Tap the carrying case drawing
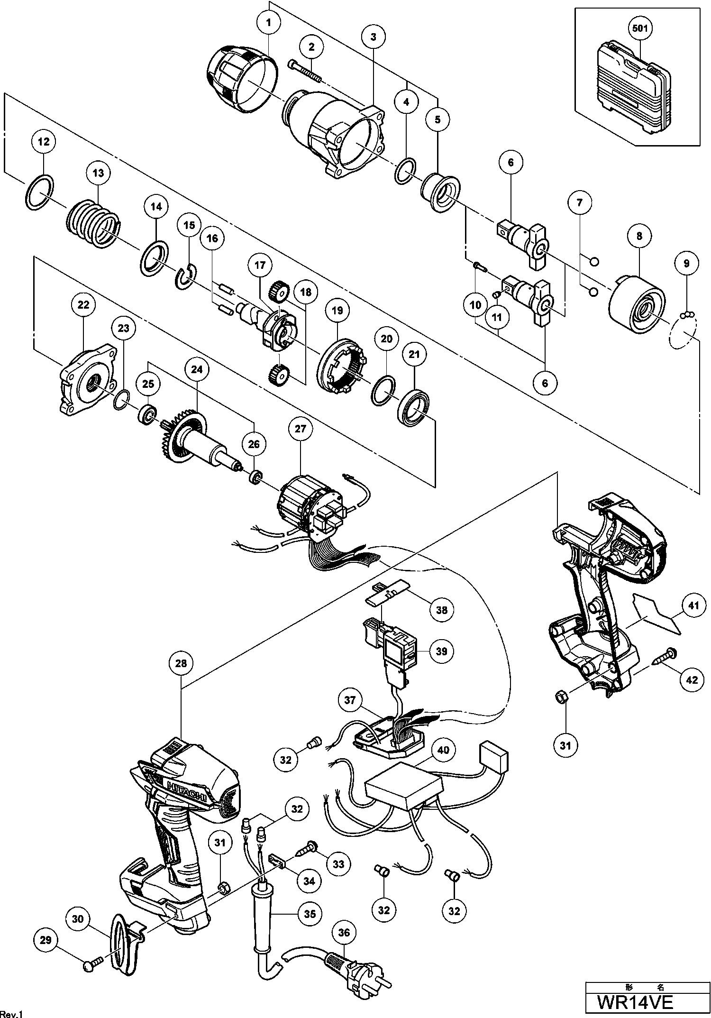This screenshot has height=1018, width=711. (x=634, y=90)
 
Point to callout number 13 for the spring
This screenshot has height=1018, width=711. (x=98, y=173)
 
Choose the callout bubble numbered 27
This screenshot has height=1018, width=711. (x=301, y=429)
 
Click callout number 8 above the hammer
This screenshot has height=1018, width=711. (x=639, y=236)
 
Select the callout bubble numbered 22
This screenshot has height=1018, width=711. (x=83, y=305)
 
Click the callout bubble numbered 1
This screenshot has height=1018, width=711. (x=269, y=22)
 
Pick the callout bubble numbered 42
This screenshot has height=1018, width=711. (x=692, y=679)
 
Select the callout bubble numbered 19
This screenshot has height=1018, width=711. (x=337, y=311)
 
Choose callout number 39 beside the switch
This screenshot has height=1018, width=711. (x=441, y=651)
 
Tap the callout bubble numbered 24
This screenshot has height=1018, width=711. (x=197, y=369)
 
